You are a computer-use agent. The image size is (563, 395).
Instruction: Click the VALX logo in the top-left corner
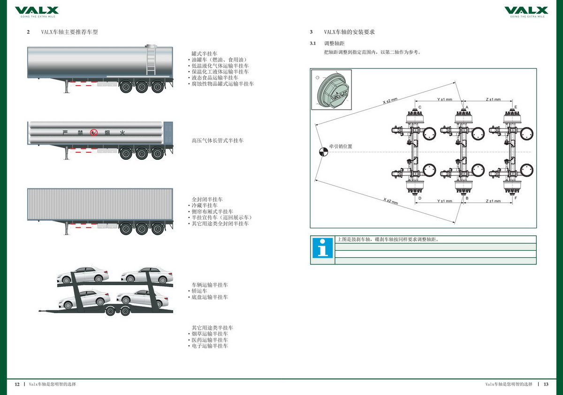point(37,11)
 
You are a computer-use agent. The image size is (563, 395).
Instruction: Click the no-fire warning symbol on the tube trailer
point(94,133)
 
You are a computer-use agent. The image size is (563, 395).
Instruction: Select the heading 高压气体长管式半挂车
point(218,141)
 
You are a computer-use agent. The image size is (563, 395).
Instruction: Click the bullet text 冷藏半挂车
point(204,206)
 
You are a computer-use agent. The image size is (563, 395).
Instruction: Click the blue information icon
point(323,248)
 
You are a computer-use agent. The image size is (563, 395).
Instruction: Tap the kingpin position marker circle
point(323,151)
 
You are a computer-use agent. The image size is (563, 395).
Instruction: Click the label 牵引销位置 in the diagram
point(341,147)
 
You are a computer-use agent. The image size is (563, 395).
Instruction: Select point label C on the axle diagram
point(420,107)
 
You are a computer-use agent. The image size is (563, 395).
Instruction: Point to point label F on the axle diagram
point(516,198)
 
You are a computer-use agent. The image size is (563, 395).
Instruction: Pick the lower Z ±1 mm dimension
point(493,201)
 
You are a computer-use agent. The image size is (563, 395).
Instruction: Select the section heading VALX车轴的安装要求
point(349,32)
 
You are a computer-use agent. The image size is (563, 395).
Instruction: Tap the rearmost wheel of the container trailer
point(157,229)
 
